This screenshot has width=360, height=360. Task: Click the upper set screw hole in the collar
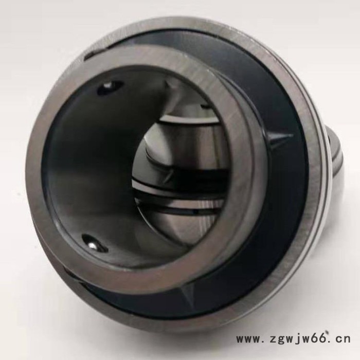[110, 87]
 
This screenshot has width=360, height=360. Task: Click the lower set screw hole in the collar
[94, 244]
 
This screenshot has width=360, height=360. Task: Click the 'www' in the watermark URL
[247, 339]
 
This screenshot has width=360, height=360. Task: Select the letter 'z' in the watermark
[272, 339]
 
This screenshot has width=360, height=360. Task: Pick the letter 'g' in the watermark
[281, 340]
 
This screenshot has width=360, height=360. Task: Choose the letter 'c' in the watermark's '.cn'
[337, 339]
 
